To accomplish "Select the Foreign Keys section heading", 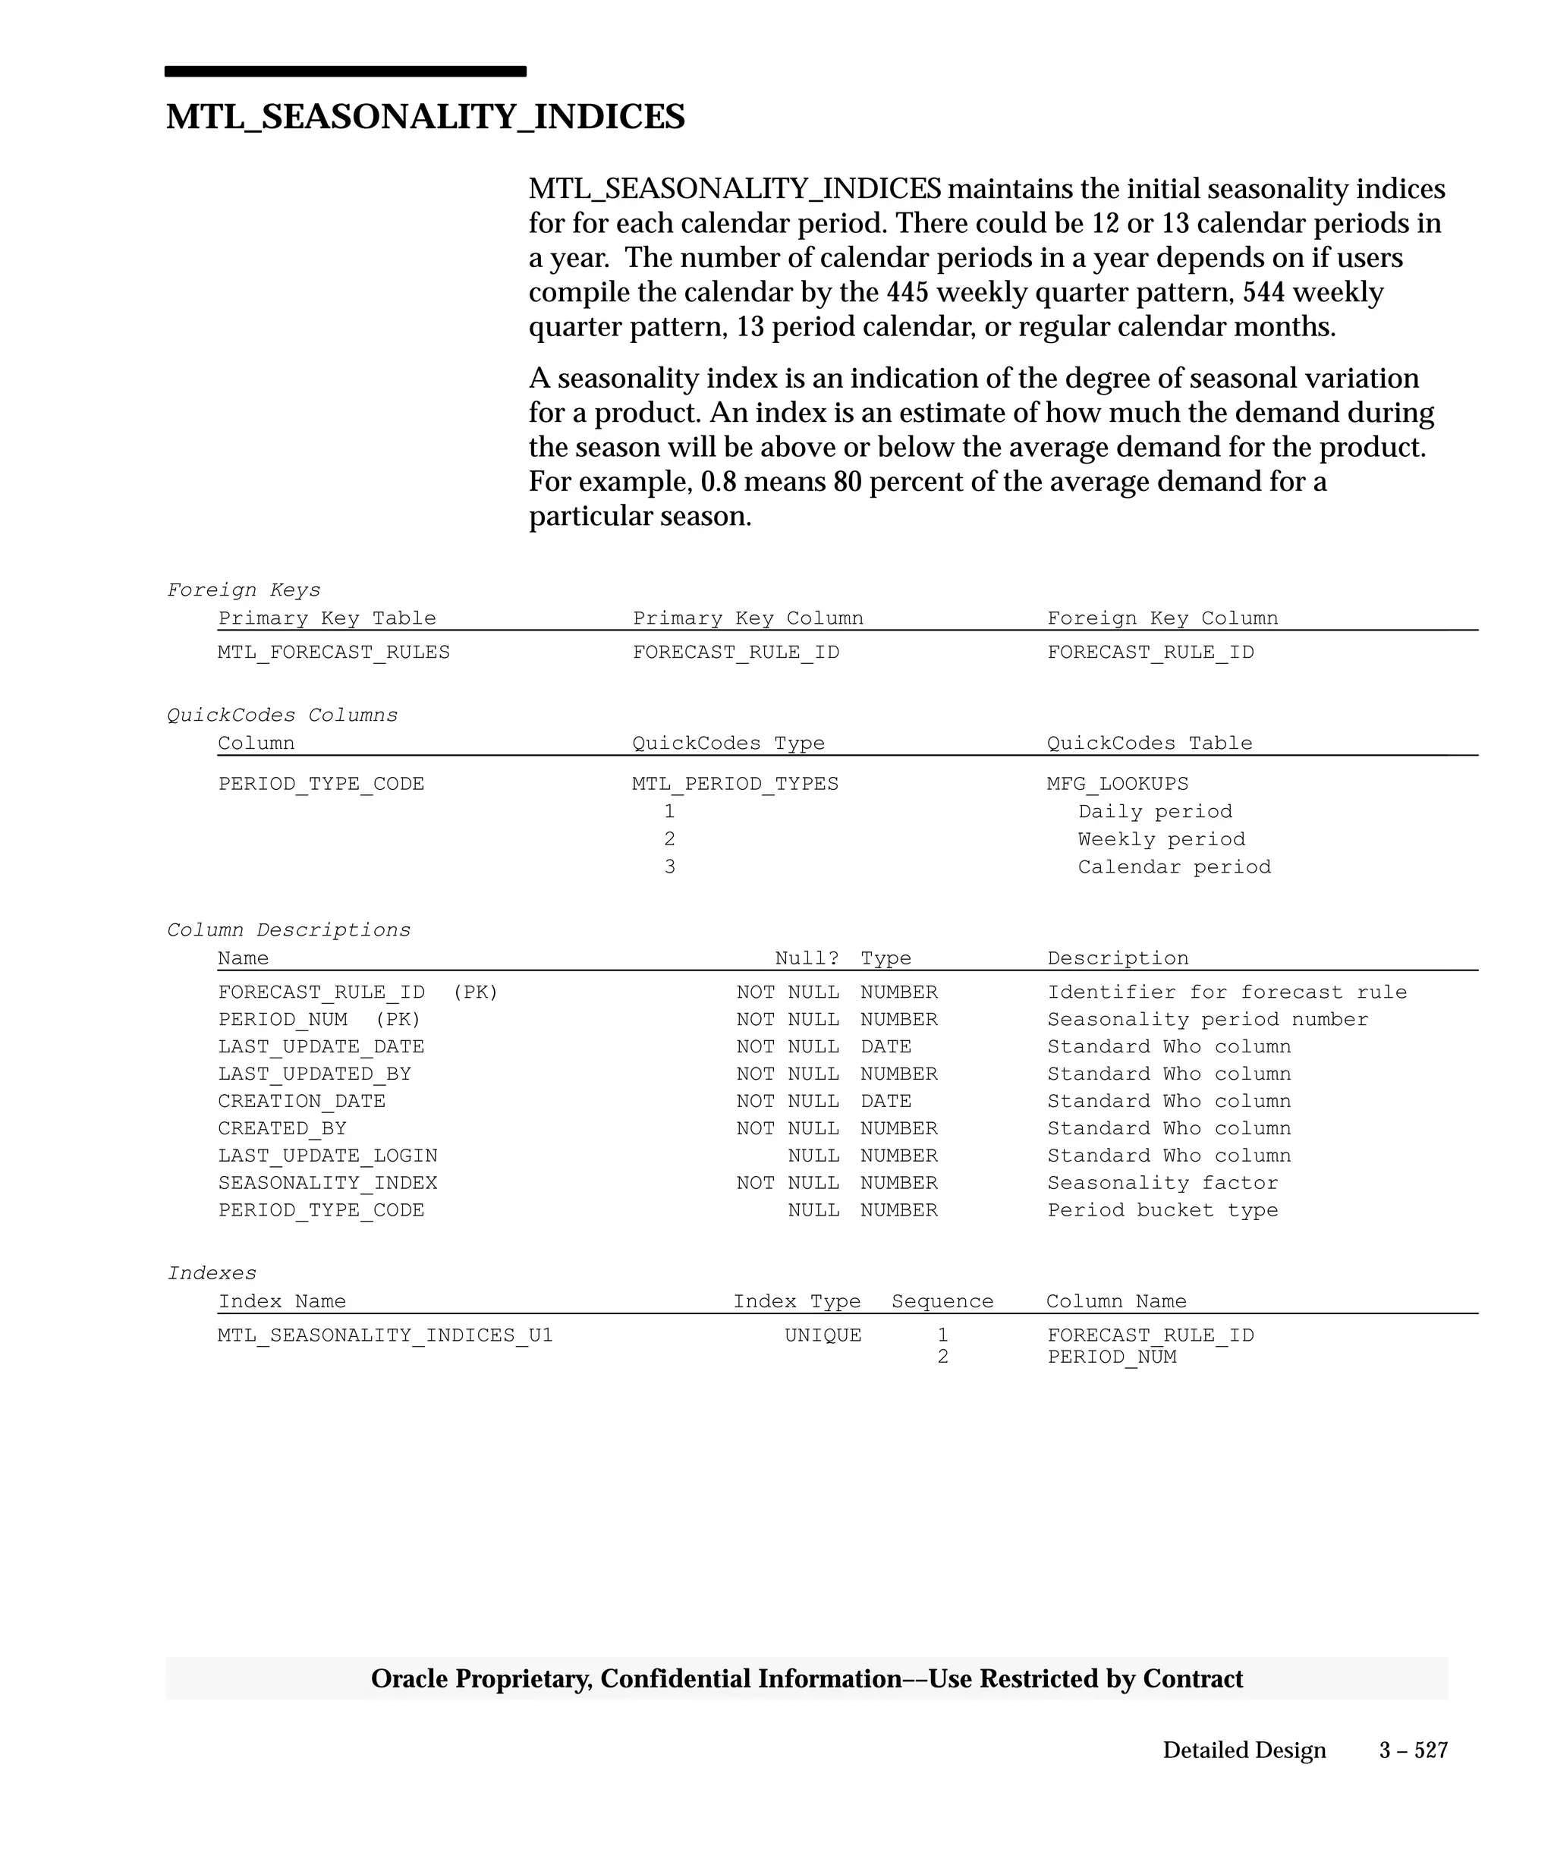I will pyautogui.click(x=244, y=590).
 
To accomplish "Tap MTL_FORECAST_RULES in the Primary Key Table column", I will pyautogui.click(x=333, y=652).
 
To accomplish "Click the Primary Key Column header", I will pyautogui.click(x=747, y=618).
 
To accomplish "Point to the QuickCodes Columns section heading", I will pyautogui.click(x=282, y=715).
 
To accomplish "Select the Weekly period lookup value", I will pyautogui.click(x=1161, y=839).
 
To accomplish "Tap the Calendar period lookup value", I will pyautogui.click(x=1173, y=866).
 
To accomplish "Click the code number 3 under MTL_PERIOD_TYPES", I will pyautogui.click(x=668, y=866).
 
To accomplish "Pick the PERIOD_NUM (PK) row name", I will pyautogui.click(x=319, y=1020).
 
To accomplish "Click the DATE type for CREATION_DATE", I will pyautogui.click(x=885, y=1101).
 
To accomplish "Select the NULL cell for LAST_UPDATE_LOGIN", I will pyautogui.click(x=813, y=1156).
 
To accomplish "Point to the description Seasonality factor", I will pyautogui.click(x=1162, y=1183).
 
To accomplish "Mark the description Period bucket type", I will pyautogui.click(x=1162, y=1210).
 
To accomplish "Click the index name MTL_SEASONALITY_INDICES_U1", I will pyautogui.click(x=385, y=1335).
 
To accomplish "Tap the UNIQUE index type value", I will pyautogui.click(x=823, y=1335).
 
